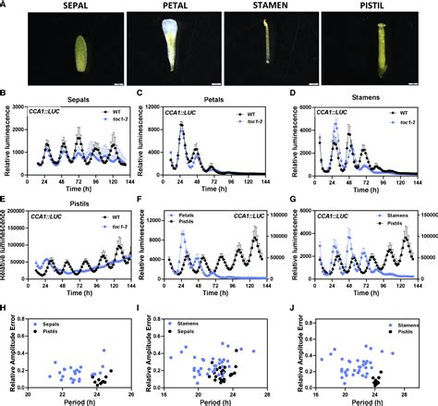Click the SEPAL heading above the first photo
(x=70, y=6)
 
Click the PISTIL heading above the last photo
(x=367, y=6)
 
